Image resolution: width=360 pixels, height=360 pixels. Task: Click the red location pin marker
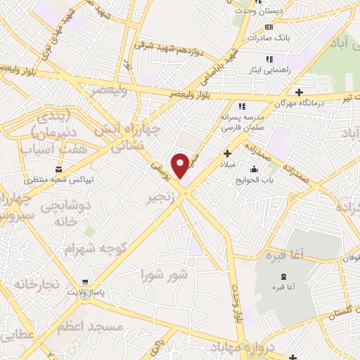pos(181,165)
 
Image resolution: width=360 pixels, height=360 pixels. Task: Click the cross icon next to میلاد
pos(226,153)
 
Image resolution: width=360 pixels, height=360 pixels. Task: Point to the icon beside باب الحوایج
pos(254,169)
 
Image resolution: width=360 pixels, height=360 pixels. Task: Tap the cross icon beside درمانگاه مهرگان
pos(300,92)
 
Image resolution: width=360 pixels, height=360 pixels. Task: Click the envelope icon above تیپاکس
pos(58,169)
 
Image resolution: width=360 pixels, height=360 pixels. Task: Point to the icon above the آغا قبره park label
pos(283,276)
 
